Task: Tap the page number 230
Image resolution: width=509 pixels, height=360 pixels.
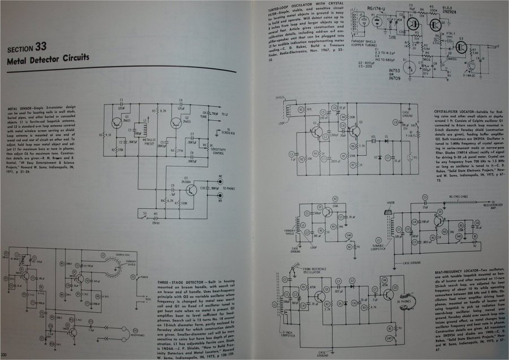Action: click(x=5, y=355)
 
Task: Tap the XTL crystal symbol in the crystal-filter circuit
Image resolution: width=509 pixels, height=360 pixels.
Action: click(x=374, y=136)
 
